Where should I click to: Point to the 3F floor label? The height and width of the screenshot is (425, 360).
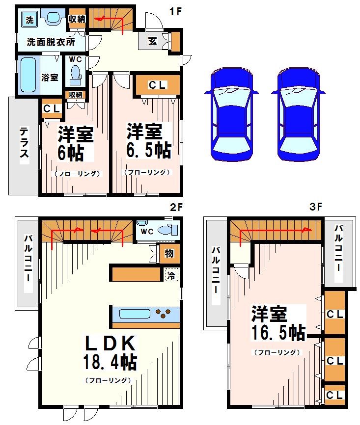[316, 207]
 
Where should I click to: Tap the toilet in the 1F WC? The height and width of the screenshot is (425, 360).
[75, 74]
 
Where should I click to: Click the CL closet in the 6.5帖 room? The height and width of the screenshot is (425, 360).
[157, 85]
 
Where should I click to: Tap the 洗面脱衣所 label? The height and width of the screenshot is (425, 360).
[51, 42]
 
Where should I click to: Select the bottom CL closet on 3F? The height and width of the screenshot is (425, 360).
[334, 395]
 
